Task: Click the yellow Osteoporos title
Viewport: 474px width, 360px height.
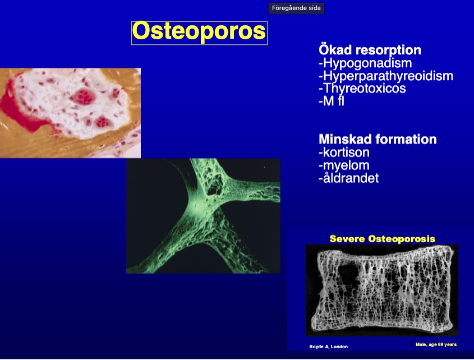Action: click(x=199, y=31)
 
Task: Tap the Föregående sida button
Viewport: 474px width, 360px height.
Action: click(x=296, y=8)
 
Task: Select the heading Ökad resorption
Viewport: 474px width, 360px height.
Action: click(x=370, y=50)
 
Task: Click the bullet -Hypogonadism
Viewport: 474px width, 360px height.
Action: click(x=365, y=63)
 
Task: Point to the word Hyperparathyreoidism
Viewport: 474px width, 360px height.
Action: click(x=388, y=76)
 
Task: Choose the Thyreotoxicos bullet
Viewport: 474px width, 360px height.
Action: click(x=362, y=88)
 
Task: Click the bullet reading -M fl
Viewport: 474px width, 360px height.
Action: click(x=332, y=101)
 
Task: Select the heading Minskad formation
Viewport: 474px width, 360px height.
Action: click(x=378, y=139)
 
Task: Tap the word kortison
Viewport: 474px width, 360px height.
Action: click(x=346, y=153)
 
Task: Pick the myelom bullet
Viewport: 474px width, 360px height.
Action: click(x=344, y=165)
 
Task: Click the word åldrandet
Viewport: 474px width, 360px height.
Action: click(x=351, y=178)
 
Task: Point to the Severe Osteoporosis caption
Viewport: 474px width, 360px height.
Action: click(x=383, y=239)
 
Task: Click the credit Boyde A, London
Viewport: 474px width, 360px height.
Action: click(x=328, y=347)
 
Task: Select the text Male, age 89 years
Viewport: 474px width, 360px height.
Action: click(x=436, y=344)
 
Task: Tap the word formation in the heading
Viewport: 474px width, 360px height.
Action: click(x=406, y=139)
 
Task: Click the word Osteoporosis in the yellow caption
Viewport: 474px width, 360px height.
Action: click(x=402, y=239)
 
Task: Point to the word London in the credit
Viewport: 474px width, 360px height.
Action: click(x=339, y=347)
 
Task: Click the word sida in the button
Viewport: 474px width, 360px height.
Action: click(x=314, y=8)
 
